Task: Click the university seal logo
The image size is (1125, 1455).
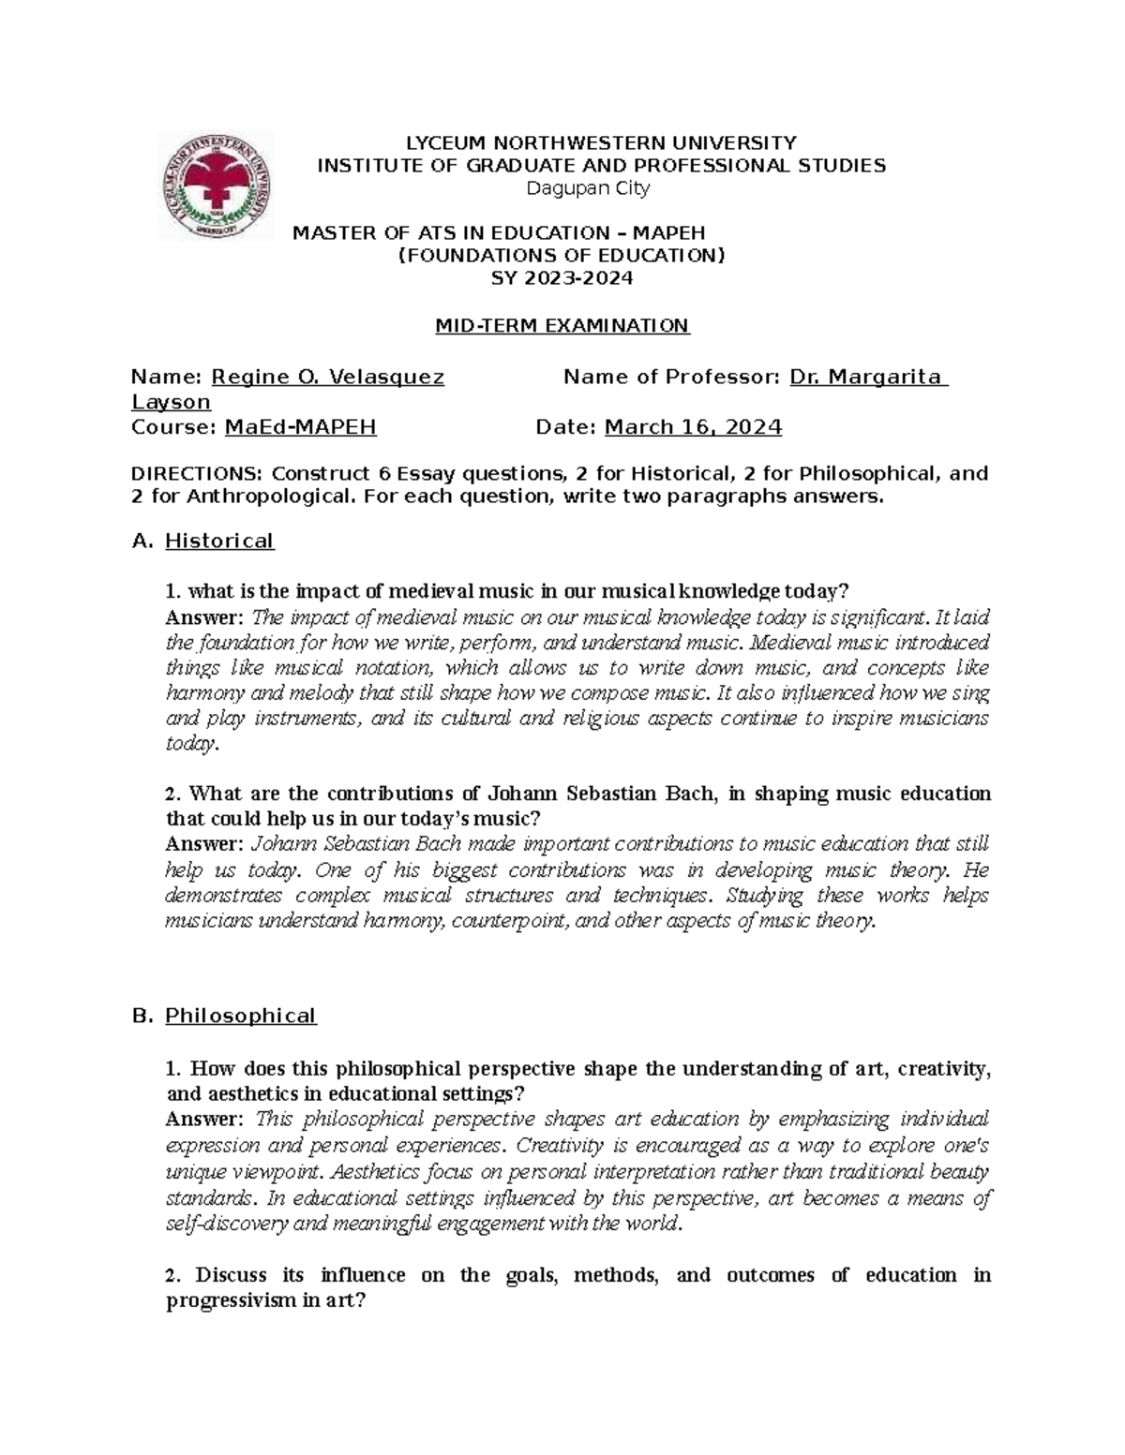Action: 217,186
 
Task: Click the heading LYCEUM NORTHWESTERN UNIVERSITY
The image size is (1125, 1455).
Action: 600,142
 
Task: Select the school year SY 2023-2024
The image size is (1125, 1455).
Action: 562,278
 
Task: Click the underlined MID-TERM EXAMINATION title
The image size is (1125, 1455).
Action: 562,326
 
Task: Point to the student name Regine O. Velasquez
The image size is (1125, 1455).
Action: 328,378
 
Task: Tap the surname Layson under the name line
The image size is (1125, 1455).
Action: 171,402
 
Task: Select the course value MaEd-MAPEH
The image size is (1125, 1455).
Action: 301,427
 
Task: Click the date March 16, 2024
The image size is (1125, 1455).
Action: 693,427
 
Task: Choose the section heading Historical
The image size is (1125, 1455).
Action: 219,541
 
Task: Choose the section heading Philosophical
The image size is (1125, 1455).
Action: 241,1016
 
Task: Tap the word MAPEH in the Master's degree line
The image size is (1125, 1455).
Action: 668,232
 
